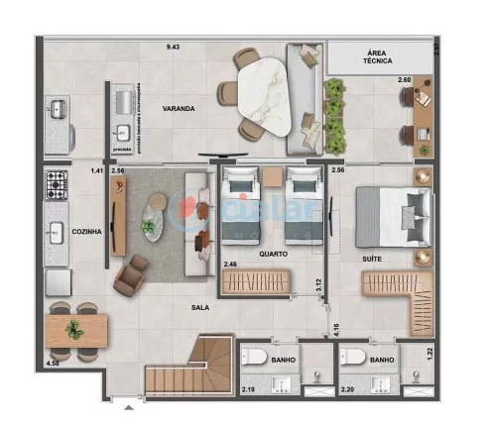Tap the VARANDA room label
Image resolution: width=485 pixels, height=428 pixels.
coord(179,108)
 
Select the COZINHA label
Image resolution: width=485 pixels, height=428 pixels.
coord(87,231)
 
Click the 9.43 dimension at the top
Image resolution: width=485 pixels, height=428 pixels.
coord(174,47)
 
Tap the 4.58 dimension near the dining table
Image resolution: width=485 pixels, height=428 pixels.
coord(53,365)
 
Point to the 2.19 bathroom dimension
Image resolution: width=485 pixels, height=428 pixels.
coord(249,389)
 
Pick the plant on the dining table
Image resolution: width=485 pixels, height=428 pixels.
coord(72,328)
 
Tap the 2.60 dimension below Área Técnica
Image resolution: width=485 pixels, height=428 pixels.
coord(405,79)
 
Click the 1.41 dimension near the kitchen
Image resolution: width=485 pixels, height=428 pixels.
coord(96,171)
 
